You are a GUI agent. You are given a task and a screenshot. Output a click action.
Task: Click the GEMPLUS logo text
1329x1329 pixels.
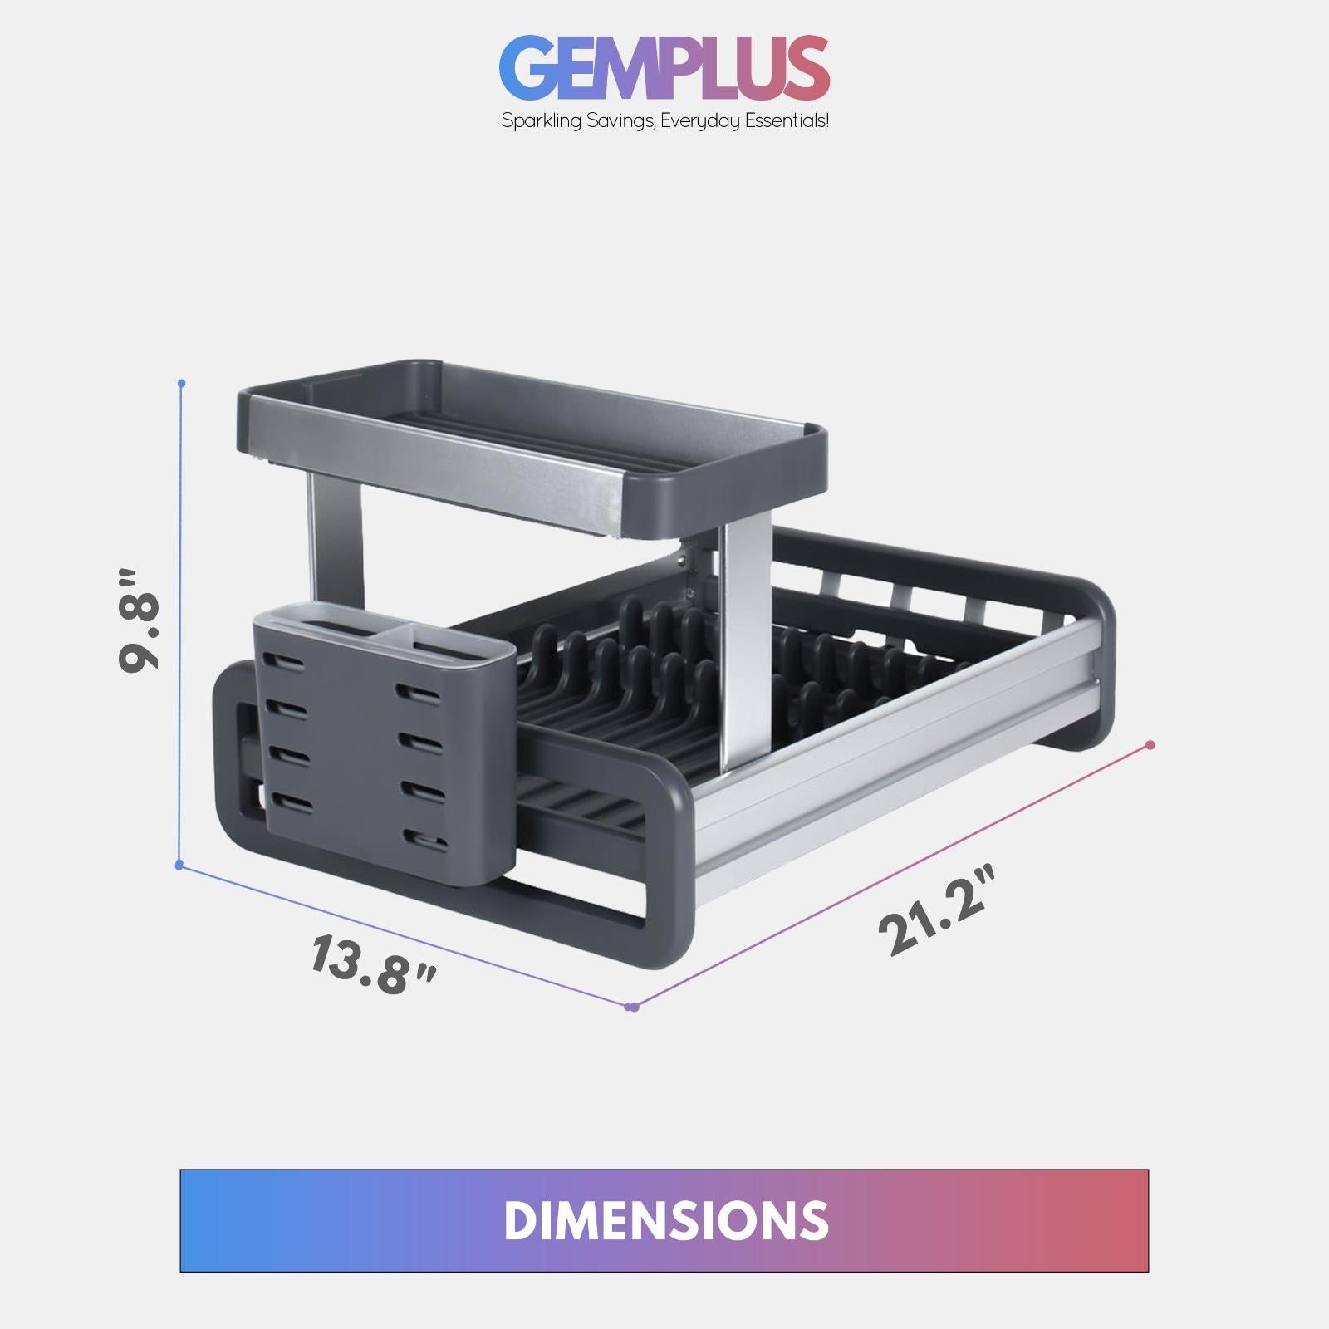coord(664,68)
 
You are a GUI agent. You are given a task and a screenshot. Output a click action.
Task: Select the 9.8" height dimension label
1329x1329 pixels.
coord(139,620)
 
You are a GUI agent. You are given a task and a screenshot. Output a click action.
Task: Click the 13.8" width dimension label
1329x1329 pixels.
coord(373,964)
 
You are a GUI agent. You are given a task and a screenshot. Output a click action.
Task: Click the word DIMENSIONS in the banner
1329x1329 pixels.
coord(665,1220)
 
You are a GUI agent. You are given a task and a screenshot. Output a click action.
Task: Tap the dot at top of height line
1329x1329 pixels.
coord(182,384)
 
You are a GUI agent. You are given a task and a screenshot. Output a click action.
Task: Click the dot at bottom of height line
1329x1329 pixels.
coord(179,866)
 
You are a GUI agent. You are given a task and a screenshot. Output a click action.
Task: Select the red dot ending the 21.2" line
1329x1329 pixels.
coord(1150,745)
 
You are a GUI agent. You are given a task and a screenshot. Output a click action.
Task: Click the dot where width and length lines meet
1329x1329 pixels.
coord(632,1008)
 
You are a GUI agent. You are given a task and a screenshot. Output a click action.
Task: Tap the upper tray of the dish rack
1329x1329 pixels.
coord(532,449)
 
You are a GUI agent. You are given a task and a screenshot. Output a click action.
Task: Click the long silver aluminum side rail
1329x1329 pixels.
coord(897,748)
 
